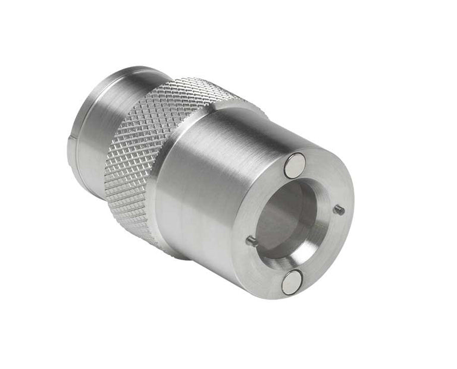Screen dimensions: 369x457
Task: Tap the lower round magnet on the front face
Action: coord(292,281)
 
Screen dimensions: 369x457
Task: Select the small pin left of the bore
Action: coord(251,241)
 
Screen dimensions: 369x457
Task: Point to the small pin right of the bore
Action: coord(339,209)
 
